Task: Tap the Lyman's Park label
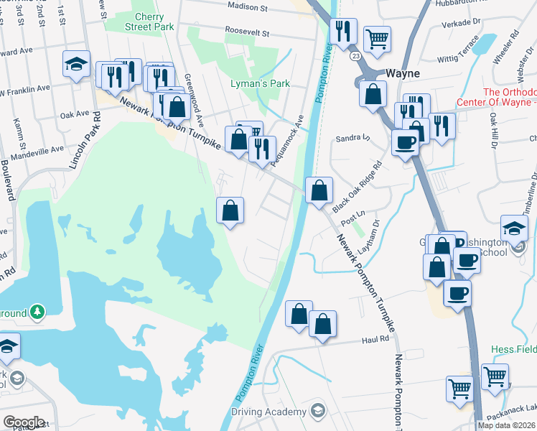[x=260, y=84]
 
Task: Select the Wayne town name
[x=403, y=73]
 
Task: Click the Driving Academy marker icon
[x=318, y=412]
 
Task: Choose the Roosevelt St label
[x=246, y=33]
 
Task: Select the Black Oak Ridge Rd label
[x=365, y=186]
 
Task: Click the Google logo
[x=24, y=422]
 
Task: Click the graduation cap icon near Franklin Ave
[x=76, y=64]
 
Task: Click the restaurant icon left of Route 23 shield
[x=343, y=31]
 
